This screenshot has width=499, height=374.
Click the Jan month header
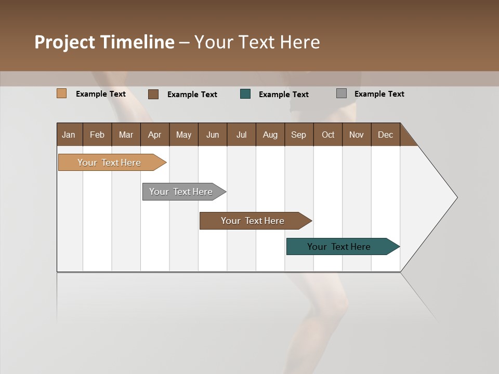click(69, 135)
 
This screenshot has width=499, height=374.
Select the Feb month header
click(97, 135)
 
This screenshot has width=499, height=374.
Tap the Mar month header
click(126, 135)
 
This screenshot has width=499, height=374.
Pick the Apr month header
click(155, 135)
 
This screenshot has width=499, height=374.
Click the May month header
click(183, 135)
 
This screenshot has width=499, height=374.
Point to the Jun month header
click(213, 135)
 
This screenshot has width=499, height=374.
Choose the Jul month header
click(241, 135)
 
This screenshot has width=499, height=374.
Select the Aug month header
click(270, 135)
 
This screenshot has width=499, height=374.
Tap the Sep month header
click(299, 135)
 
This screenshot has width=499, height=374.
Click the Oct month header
click(328, 135)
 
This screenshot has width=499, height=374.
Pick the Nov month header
click(357, 135)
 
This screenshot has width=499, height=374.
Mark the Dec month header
click(386, 135)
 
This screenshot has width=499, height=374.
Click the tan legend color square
click(62, 94)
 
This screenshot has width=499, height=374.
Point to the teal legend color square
click(245, 94)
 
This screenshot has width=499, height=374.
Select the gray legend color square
click(342, 94)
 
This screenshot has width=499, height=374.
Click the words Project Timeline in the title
click(104, 42)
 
